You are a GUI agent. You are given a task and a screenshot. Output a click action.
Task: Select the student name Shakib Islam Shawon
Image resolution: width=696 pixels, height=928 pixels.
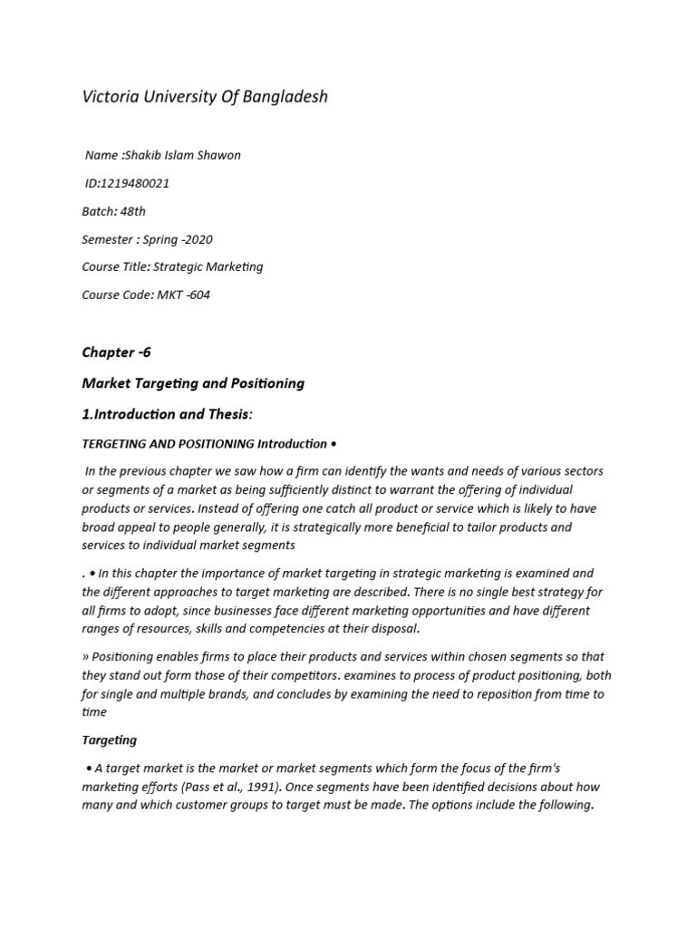pyautogui.click(x=183, y=155)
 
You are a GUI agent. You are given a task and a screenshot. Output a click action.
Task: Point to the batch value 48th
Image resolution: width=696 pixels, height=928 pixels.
pyautogui.click(x=131, y=211)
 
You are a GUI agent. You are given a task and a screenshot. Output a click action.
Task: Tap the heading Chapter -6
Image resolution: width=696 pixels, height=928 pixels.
pyautogui.click(x=117, y=352)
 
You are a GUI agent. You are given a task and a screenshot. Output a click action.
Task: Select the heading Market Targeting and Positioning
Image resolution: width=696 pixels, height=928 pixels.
pyautogui.click(x=193, y=383)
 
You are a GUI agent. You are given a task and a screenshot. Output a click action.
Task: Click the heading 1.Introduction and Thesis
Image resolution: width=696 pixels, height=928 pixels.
pyautogui.click(x=167, y=414)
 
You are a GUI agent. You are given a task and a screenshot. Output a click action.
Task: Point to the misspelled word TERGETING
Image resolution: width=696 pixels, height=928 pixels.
pyautogui.click(x=116, y=444)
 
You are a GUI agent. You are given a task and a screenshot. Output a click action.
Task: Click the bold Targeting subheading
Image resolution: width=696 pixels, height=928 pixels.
pyautogui.click(x=110, y=740)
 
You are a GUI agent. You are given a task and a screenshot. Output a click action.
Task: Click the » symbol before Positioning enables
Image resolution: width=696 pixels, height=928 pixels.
pyautogui.click(x=85, y=656)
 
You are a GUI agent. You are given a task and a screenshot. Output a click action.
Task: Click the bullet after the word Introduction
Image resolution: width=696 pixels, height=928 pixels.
pyautogui.click(x=333, y=444)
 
